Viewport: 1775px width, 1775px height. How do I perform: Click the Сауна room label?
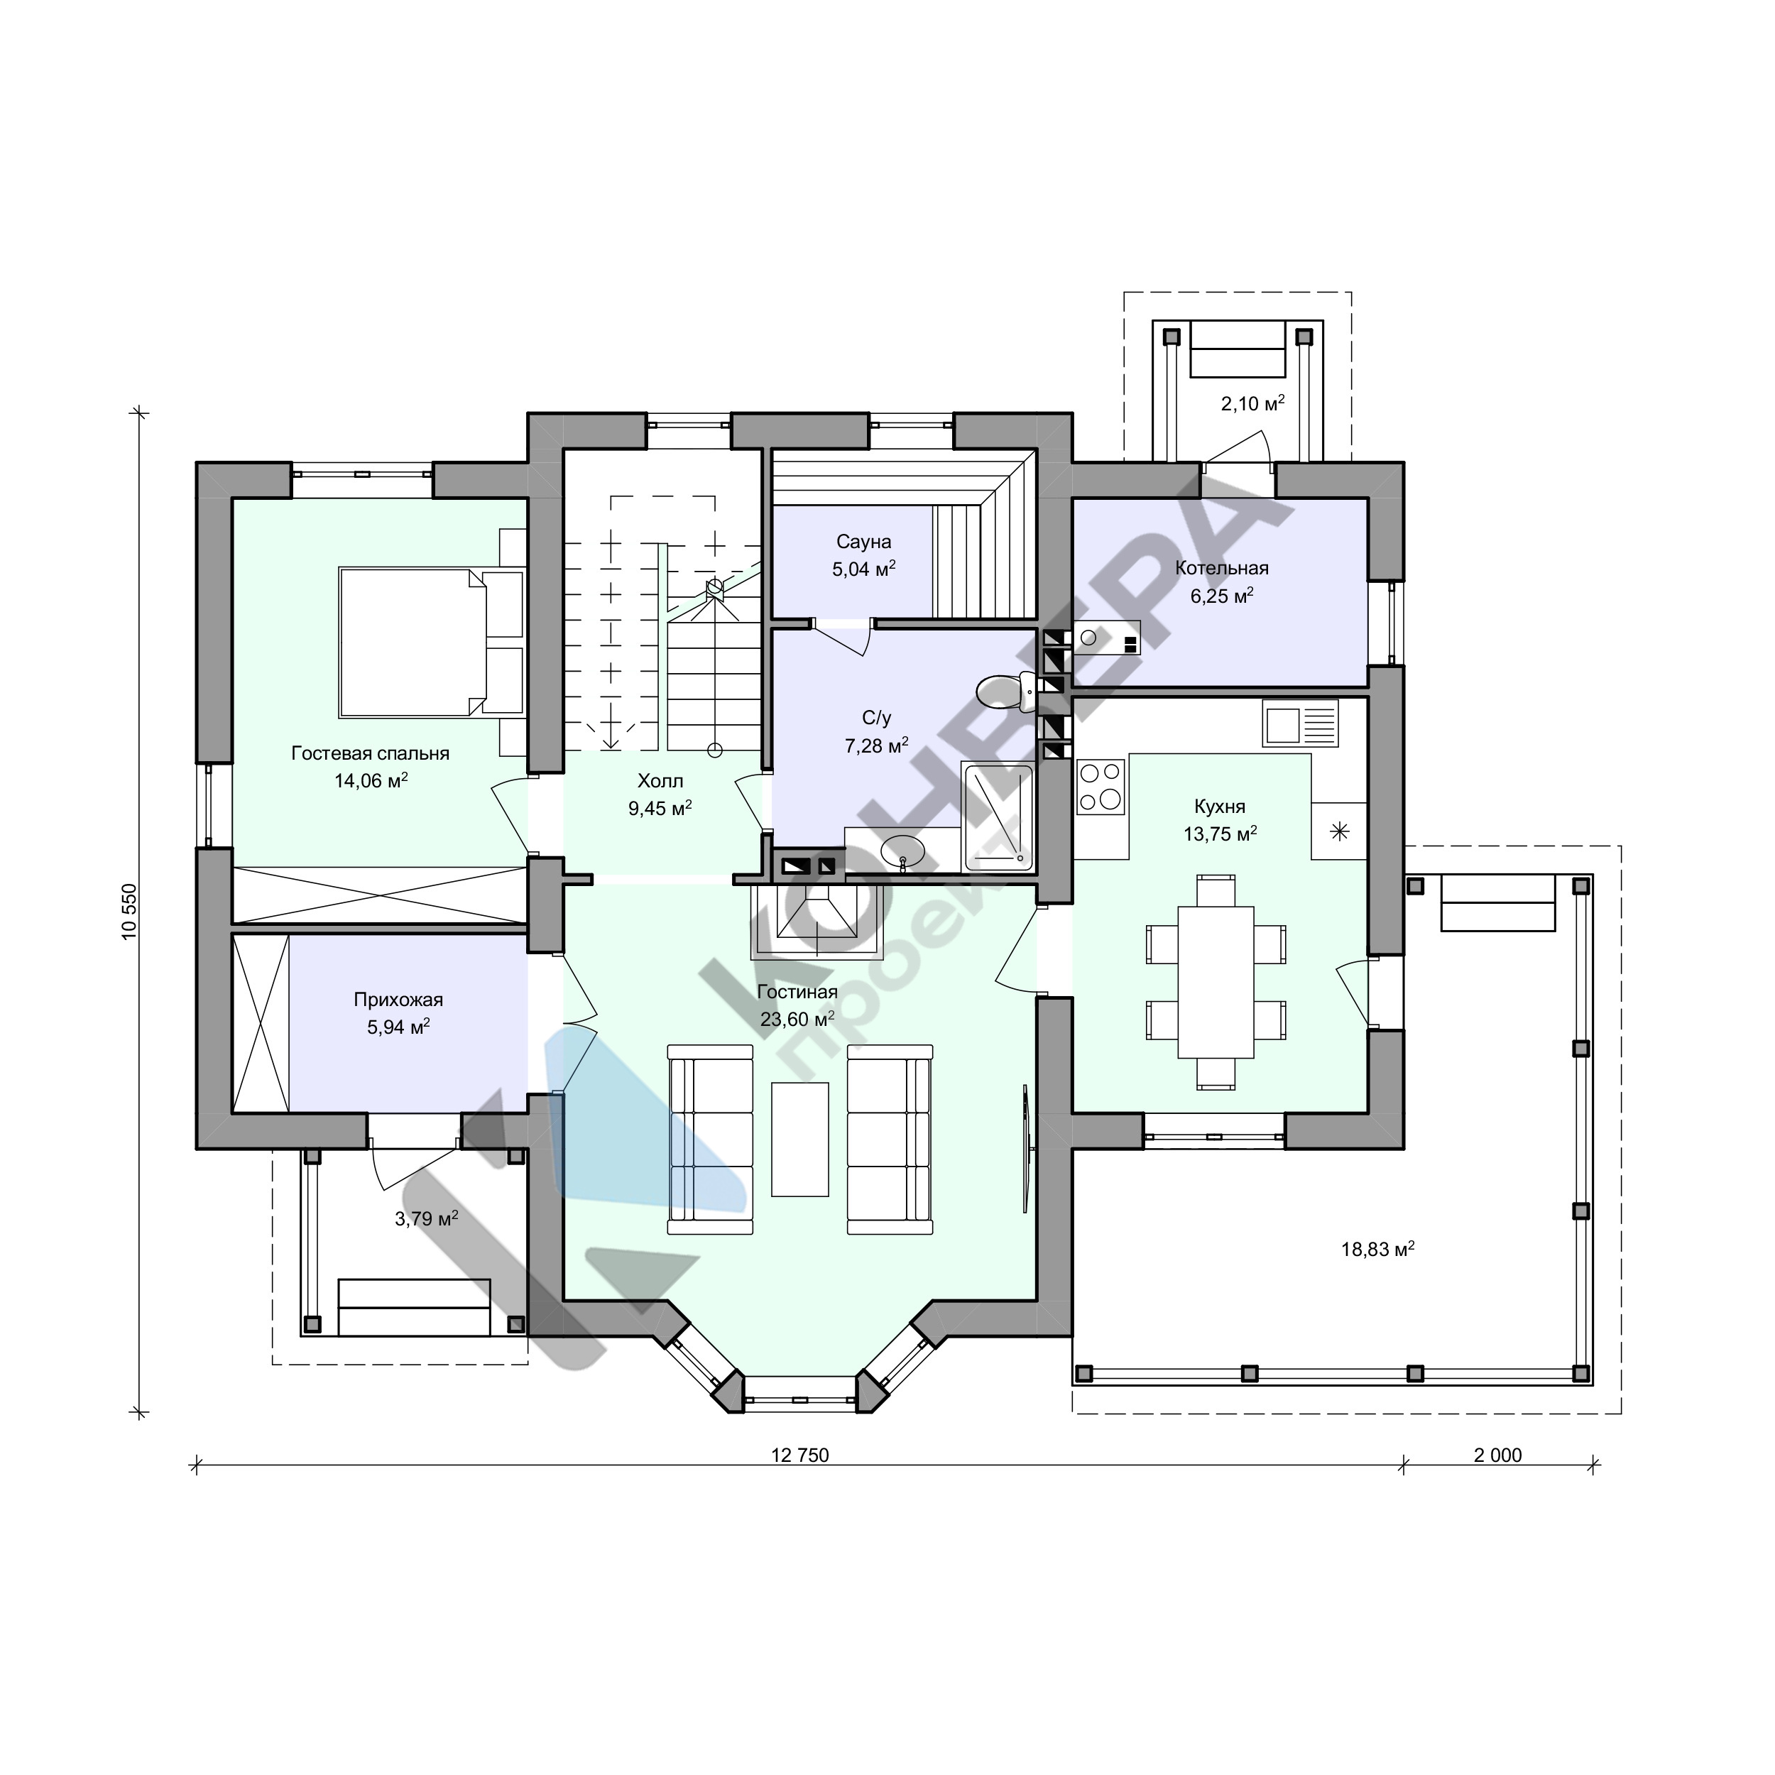pyautogui.click(x=863, y=541)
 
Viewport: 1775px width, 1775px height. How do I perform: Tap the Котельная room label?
pyautogui.click(x=1222, y=568)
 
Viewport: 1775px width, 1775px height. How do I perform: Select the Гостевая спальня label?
pyautogui.click(x=370, y=753)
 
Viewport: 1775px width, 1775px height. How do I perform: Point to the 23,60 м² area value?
pyautogui.click(x=797, y=1019)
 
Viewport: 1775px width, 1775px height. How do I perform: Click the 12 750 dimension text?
pyautogui.click(x=800, y=1455)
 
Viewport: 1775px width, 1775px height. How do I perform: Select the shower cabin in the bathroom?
pyautogui.click(x=998, y=818)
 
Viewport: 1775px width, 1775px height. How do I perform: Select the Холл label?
pyautogui.click(x=660, y=781)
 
